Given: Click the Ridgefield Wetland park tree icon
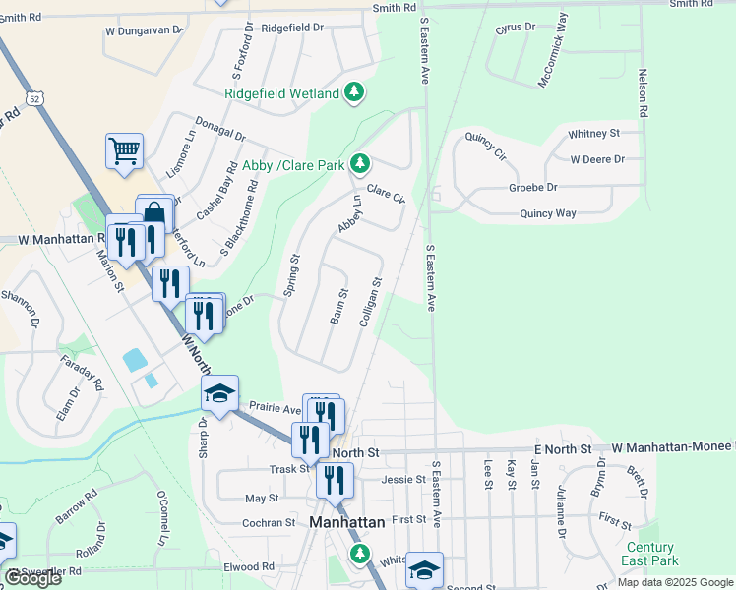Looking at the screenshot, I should (354, 93).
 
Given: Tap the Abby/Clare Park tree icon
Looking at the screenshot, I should (362, 162).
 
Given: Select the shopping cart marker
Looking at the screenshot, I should (125, 151).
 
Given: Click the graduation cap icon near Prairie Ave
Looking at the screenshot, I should (220, 394).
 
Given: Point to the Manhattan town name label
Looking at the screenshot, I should (347, 523).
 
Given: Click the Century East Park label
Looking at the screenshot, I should (649, 554).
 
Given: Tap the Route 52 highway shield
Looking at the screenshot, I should (35, 99).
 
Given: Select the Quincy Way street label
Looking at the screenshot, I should (548, 213).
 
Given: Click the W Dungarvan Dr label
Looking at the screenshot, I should (145, 30).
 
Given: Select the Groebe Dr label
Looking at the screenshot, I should (532, 187).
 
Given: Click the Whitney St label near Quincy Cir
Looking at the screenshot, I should (593, 133).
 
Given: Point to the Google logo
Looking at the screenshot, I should (32, 578).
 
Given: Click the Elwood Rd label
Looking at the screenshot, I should (248, 566).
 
